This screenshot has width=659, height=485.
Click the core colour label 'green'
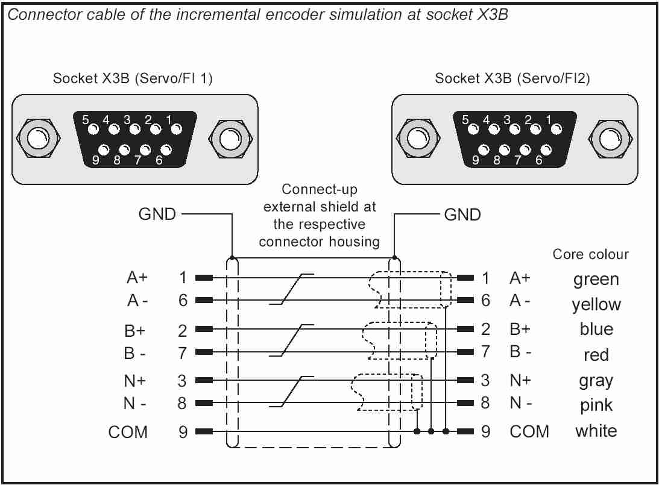(596, 280)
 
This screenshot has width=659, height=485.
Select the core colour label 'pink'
(596, 406)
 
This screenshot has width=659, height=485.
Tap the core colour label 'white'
(596, 431)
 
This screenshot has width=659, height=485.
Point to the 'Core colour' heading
(590, 254)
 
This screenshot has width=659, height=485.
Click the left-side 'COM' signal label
(128, 432)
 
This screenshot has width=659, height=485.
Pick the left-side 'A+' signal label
(136, 278)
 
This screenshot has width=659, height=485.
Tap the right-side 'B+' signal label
(519, 329)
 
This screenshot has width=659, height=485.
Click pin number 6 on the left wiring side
(183, 300)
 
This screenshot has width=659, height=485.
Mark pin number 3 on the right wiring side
(485, 380)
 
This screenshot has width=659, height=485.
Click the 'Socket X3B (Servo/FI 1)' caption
(133, 79)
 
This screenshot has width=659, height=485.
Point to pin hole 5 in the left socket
(94, 128)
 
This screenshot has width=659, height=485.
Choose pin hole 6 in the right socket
(546, 149)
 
